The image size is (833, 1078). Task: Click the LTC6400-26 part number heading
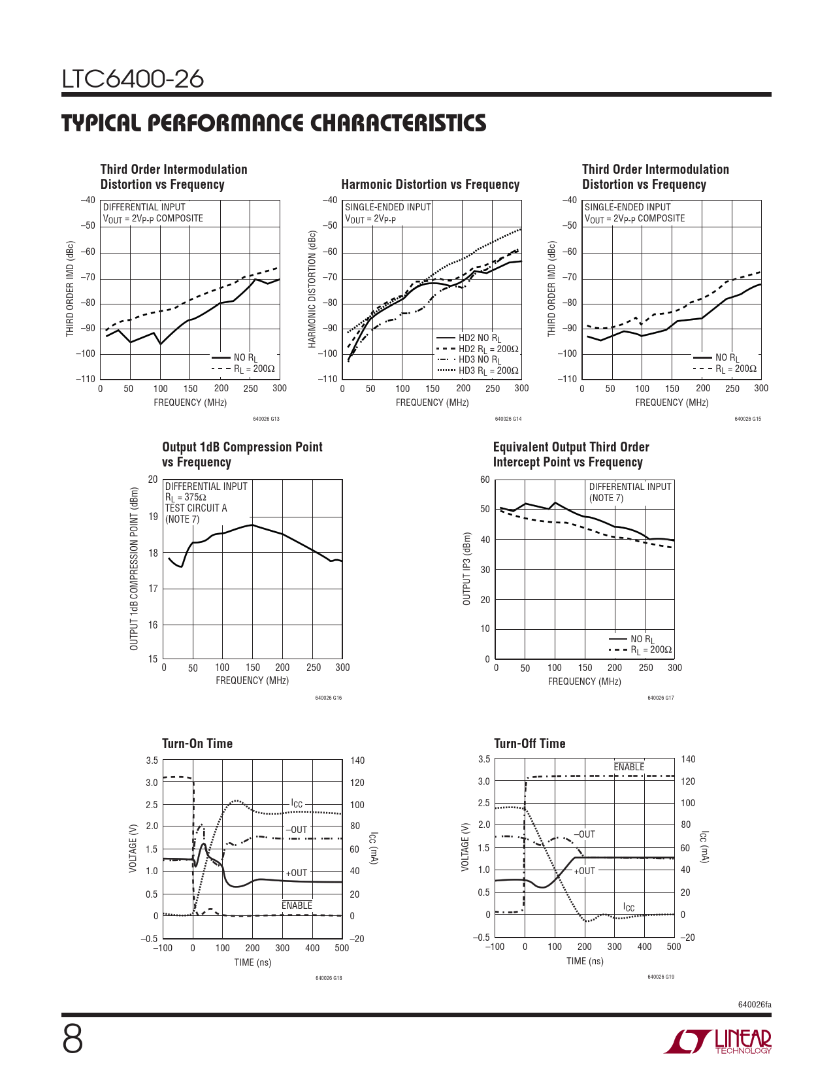133,79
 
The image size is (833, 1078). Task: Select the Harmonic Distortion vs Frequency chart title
430,185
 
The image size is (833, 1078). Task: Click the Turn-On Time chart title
197,743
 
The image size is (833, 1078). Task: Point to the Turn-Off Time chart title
529,743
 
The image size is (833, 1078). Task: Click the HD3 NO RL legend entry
479,360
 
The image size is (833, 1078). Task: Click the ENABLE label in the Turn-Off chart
629,767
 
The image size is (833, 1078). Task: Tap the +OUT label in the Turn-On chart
296,873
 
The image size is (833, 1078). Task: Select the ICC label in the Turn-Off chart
629,907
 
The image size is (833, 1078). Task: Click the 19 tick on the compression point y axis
153,517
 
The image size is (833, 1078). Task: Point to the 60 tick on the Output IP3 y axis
485,480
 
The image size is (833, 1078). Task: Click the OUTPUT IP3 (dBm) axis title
466,569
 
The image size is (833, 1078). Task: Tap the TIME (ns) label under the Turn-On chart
252,962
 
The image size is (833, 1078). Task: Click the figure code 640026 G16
328,698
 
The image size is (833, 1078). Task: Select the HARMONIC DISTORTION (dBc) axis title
312,289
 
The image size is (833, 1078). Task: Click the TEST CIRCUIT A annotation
196,508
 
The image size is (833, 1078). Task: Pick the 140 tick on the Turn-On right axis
357,760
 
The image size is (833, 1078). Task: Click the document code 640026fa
754,1004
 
